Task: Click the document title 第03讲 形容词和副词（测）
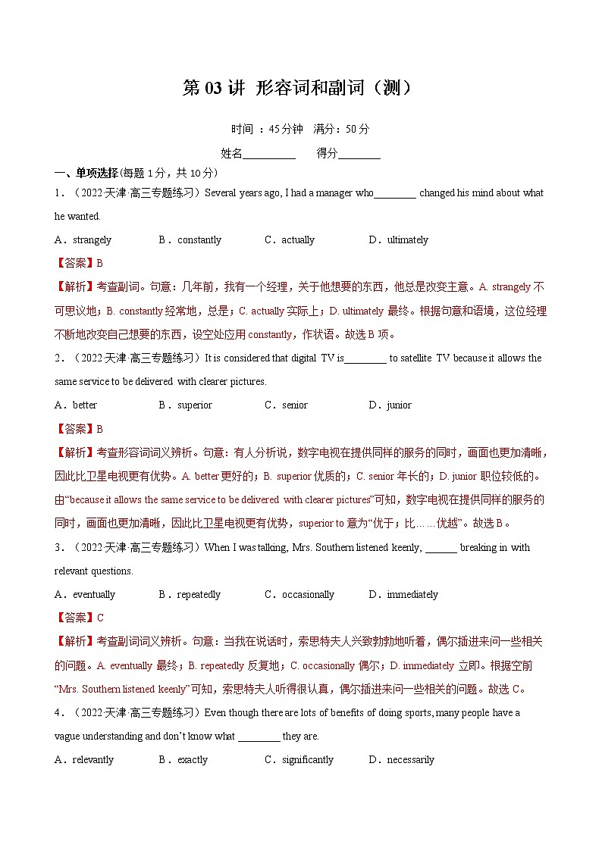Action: tap(300, 89)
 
